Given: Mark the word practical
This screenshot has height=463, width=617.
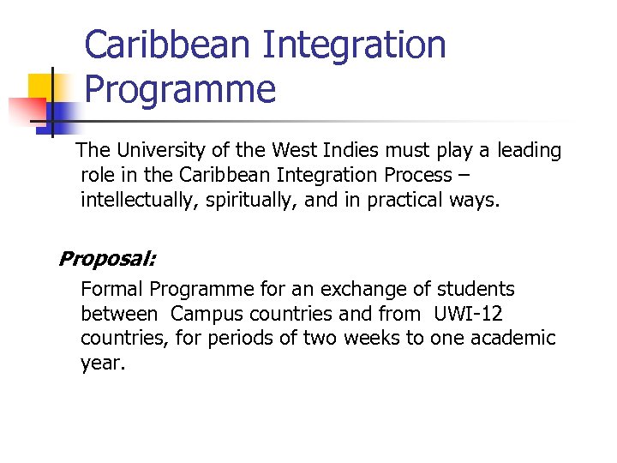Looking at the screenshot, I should pos(414,201).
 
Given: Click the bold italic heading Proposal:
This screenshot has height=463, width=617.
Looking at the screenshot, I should pos(106,259).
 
